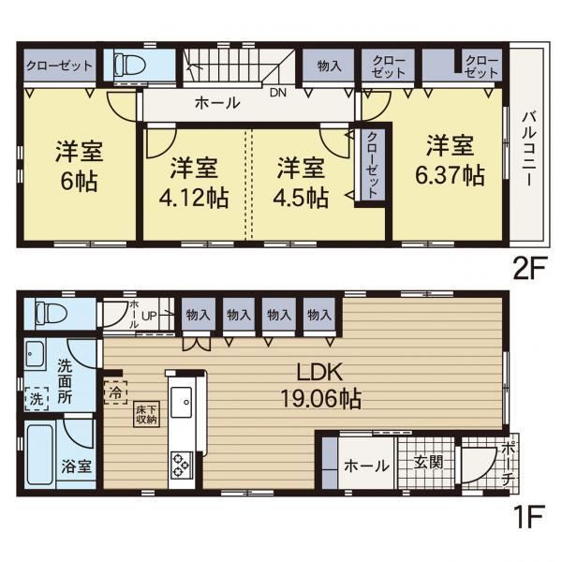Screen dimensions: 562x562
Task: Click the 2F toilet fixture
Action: point(130,66)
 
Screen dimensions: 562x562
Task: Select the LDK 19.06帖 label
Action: point(320,386)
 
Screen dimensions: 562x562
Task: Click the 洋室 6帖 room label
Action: point(80,167)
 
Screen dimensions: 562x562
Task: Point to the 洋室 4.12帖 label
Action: point(194,183)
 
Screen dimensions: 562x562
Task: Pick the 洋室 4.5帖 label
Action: point(301,183)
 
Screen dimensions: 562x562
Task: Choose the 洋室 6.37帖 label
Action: point(451,160)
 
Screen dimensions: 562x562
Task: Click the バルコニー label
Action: point(529,148)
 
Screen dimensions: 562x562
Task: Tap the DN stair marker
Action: point(278,93)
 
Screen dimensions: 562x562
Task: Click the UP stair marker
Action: point(149,316)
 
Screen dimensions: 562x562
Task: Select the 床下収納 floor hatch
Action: point(147,414)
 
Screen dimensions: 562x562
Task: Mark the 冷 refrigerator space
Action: point(115,392)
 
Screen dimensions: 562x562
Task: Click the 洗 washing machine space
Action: point(37,399)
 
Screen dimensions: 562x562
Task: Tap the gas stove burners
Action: point(182,466)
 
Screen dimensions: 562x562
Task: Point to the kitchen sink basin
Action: point(182,403)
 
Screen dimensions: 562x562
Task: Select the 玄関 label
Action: point(429,462)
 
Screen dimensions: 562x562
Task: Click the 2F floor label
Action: point(529,268)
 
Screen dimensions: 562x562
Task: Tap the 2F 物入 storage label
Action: point(329,66)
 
